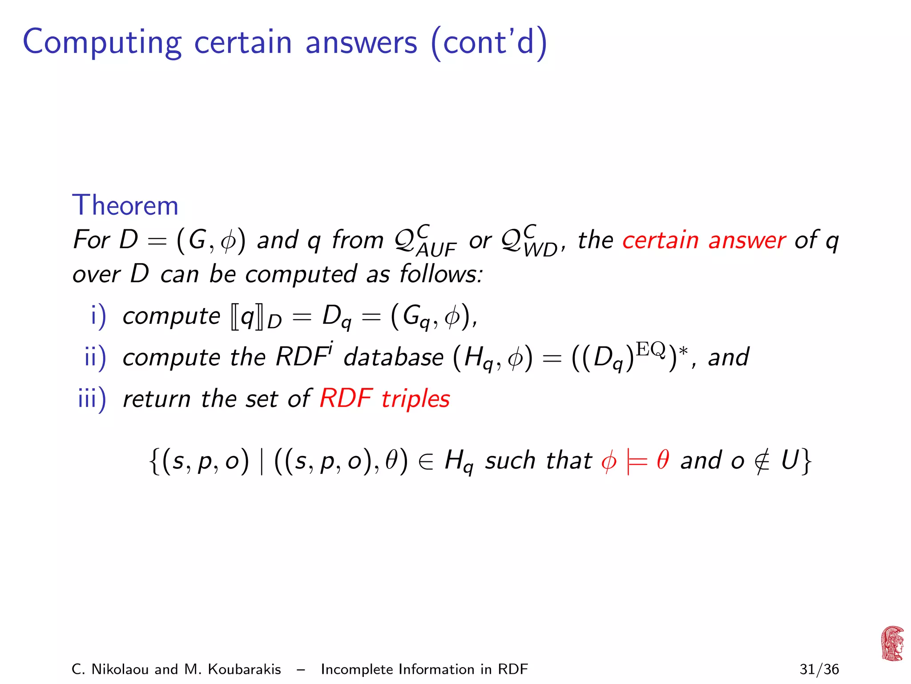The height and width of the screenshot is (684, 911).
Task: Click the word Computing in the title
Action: pyautogui.click(x=102, y=43)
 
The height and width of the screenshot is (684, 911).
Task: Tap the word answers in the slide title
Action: pyautogui.click(x=361, y=43)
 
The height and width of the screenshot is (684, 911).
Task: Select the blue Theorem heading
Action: pyautogui.click(x=125, y=205)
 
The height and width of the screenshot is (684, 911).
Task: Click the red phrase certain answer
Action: pyautogui.click(x=704, y=240)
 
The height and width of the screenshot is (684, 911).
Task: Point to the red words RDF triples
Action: pyautogui.click(x=385, y=398)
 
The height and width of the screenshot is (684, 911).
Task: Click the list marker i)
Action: pyautogui.click(x=98, y=316)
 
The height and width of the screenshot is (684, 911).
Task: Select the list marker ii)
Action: pyautogui.click(x=95, y=357)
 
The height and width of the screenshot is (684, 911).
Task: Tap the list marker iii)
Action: pyautogui.click(x=92, y=398)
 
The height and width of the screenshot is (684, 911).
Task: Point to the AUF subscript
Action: pyautogui.click(x=436, y=250)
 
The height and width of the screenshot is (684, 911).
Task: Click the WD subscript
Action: pyautogui.click(x=540, y=250)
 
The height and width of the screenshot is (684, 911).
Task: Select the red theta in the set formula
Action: pyautogui.click(x=663, y=460)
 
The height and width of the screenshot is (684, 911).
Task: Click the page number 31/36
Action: pyautogui.click(x=819, y=669)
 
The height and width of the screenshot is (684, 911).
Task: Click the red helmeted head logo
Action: pyautogui.click(x=892, y=643)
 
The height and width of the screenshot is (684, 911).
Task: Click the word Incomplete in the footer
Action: pyautogui.click(x=357, y=669)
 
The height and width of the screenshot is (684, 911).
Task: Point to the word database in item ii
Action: pyautogui.click(x=393, y=357)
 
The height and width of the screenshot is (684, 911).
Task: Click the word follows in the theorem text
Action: pyautogui.click(x=440, y=273)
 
